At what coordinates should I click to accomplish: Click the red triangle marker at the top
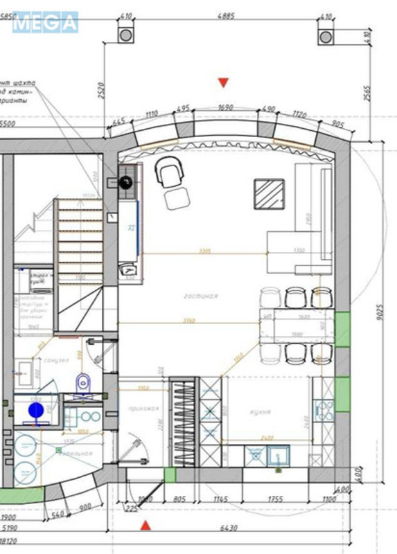(223, 83)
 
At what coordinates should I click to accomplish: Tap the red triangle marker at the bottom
(145, 526)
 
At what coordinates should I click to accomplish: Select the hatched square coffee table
(270, 193)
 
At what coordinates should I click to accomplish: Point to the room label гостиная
(201, 296)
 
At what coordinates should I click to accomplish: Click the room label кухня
(260, 412)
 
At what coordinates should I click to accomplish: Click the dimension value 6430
(229, 528)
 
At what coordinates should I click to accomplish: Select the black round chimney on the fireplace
(125, 183)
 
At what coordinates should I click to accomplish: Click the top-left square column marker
(125, 35)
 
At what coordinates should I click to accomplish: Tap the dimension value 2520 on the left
(100, 91)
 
